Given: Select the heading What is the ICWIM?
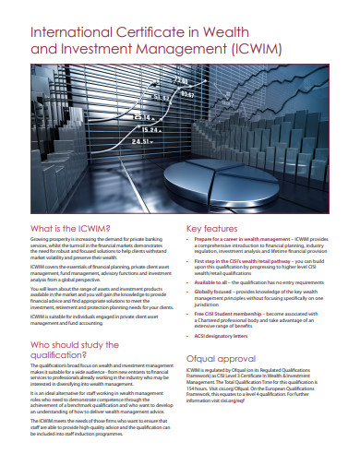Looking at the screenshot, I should [x=70, y=228].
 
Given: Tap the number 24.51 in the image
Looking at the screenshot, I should [x=140, y=141].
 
